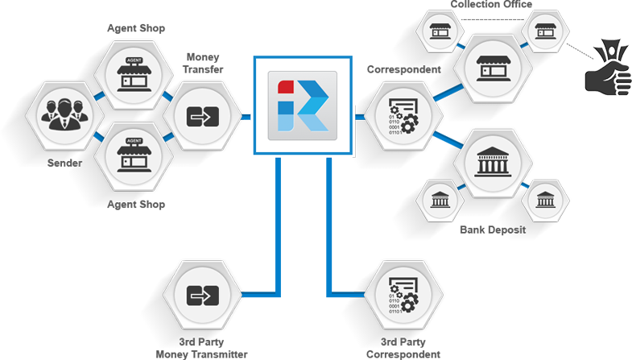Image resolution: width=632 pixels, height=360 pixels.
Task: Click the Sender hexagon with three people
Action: point(60,117)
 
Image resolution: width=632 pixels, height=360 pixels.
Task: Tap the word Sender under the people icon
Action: point(60,161)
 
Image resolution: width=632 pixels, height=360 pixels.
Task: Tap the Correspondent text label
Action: point(400,71)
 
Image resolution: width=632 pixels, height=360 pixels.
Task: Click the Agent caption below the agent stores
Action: point(121,204)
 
